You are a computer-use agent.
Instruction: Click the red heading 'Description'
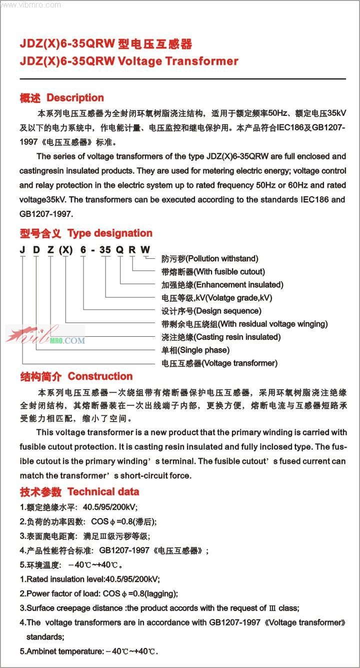coord(75,98)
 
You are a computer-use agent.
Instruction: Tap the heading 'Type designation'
coord(109,233)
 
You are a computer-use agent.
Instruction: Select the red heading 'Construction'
coord(100,376)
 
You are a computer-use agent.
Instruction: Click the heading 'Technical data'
coord(103,492)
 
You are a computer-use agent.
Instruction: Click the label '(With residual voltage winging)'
coord(273,324)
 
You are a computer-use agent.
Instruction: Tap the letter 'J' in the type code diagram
coord(23,249)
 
